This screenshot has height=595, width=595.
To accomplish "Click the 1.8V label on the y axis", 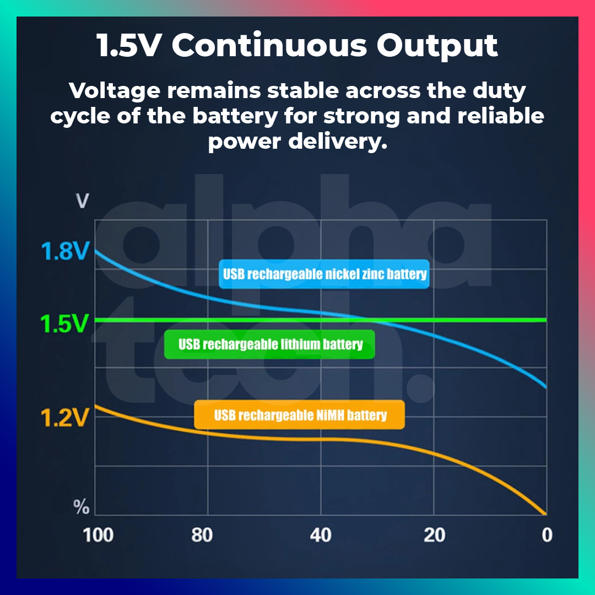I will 64,252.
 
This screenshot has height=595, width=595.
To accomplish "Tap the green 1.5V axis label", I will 64,324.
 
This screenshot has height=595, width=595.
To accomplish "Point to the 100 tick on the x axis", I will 98,534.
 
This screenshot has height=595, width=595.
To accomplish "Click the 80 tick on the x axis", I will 202,534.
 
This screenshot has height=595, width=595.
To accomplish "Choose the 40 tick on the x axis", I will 321,534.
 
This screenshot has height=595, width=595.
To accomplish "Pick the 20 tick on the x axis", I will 435,534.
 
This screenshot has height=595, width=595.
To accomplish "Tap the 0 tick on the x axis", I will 546,534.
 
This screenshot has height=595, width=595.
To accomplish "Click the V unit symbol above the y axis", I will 83,201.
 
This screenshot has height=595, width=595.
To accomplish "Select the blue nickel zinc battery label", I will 324,274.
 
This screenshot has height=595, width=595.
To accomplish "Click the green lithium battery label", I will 270,345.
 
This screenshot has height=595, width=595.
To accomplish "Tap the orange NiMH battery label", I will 300,415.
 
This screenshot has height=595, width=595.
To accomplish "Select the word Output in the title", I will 437,46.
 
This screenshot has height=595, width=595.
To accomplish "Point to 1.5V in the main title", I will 128,46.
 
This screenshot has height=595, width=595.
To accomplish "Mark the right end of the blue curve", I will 545,387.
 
